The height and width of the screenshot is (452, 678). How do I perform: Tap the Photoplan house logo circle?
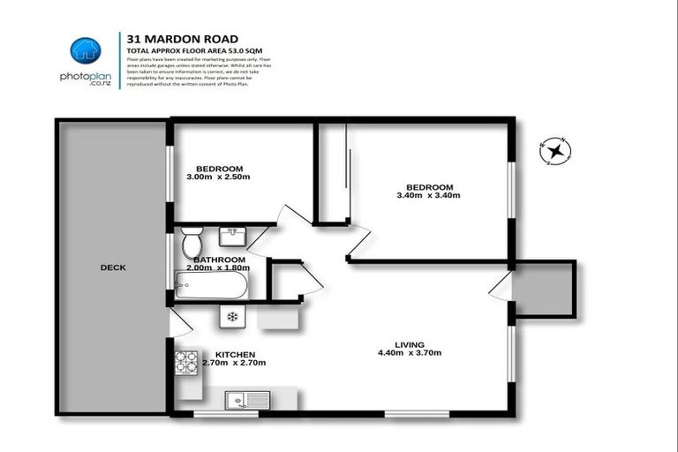tap(86, 51)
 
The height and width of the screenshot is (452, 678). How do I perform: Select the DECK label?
tap(112, 267)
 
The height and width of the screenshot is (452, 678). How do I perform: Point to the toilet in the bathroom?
tap(192, 240)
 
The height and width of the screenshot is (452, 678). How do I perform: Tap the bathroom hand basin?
tap(232, 237)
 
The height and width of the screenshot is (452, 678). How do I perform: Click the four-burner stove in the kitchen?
tap(187, 361)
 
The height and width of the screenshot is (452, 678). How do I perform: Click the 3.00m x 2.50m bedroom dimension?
tap(218, 177)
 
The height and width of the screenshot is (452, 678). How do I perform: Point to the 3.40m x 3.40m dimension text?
tap(429, 196)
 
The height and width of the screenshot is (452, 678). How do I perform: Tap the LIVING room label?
tap(410, 344)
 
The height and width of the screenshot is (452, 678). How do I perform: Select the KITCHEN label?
tap(234, 354)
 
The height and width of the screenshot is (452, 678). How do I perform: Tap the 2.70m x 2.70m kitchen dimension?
tap(234, 363)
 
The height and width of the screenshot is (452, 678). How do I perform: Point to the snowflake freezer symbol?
tap(232, 316)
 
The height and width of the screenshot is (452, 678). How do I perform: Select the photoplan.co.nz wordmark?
tap(86, 79)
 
